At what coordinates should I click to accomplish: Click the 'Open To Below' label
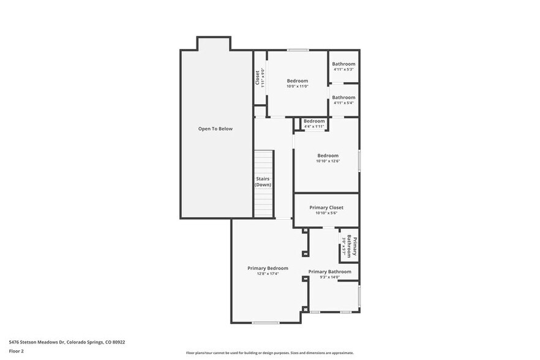tap(215, 129)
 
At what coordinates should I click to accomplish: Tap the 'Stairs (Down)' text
tap(263, 182)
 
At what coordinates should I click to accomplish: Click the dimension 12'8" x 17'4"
tap(268, 274)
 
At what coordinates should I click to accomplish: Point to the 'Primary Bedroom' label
tap(268, 268)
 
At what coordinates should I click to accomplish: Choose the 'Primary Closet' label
tap(326, 208)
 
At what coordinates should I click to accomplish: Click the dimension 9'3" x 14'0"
tap(329, 277)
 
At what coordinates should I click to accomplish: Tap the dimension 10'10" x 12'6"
tap(328, 161)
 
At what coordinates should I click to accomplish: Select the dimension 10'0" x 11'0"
tap(298, 86)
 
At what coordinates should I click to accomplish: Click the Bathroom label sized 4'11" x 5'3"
tap(343, 64)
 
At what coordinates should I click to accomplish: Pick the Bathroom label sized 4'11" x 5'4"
tap(343, 97)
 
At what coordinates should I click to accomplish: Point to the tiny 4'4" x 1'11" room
tap(314, 124)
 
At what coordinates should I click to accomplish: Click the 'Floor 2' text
tap(16, 351)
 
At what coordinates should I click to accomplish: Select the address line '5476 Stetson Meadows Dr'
tap(37, 342)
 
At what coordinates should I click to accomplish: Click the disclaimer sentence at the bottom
tap(269, 353)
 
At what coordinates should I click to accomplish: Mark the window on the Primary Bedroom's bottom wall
tap(266, 323)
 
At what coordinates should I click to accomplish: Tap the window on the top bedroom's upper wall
tap(298, 50)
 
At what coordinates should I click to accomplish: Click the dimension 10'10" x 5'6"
tap(326, 213)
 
